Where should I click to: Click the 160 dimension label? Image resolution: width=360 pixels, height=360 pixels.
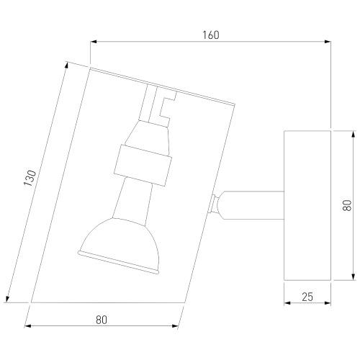pyautogui.click(x=211, y=35)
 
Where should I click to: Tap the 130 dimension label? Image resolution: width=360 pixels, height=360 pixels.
pyautogui.click(x=30, y=178)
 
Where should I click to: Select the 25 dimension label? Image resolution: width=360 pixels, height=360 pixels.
pyautogui.click(x=307, y=297)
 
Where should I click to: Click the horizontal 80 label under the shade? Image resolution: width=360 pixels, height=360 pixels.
pyautogui.click(x=102, y=320)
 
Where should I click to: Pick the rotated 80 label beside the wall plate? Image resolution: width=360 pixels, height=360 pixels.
pyautogui.click(x=347, y=205)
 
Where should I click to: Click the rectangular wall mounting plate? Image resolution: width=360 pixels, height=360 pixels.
pyautogui.click(x=307, y=205)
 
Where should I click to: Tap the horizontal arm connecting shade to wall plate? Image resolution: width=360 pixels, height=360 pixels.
pyautogui.click(x=253, y=205)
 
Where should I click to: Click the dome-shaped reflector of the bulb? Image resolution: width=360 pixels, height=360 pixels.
pyautogui.click(x=119, y=246)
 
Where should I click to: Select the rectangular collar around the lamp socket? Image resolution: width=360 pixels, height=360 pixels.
pyautogui.click(x=143, y=165)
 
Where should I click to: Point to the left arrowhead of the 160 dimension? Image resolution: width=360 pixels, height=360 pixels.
pyautogui.click(x=94, y=42)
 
